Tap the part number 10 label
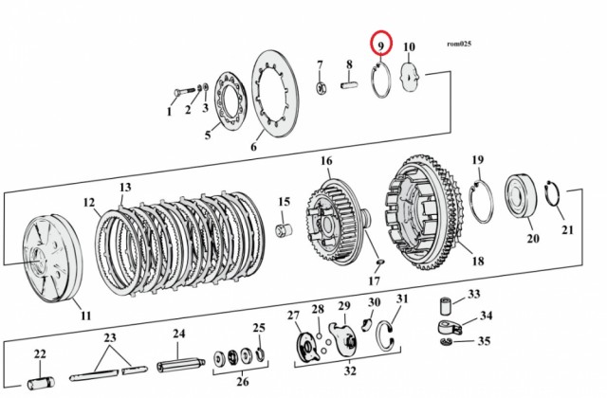(409, 46)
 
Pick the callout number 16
(325, 160)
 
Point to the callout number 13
(125, 188)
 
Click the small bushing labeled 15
(282, 229)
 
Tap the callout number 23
(110, 336)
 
